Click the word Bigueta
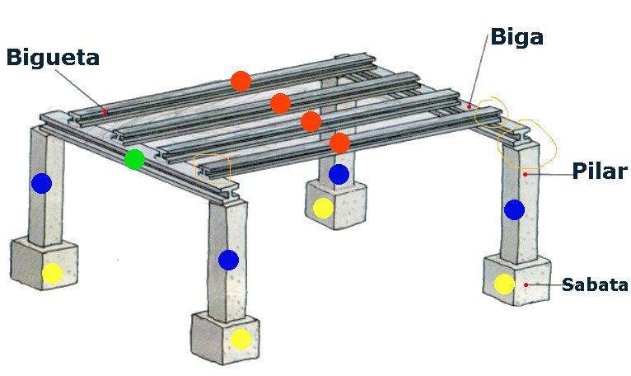pos(53,57)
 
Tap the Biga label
pos(517,38)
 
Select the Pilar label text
pos(600,171)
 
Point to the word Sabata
pos(595,284)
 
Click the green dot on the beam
pos(134,160)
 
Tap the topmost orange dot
pos(241,82)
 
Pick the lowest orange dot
pos(339,143)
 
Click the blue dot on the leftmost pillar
pos(42,183)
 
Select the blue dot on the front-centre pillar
pos(228,260)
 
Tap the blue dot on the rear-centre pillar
pos(339,174)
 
